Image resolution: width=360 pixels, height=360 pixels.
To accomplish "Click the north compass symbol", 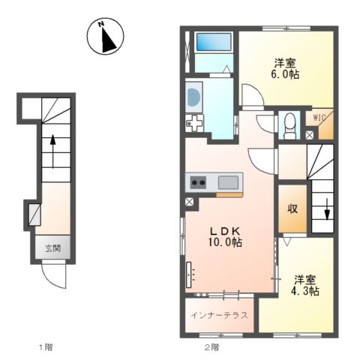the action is (x=105, y=36).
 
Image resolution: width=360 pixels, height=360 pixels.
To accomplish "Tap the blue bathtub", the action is (x=214, y=42).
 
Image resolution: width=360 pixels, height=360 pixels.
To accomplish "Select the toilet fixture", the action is (x=290, y=126).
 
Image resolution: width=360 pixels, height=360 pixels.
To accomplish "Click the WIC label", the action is (x=319, y=117).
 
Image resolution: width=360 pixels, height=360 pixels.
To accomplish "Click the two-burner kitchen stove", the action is (x=198, y=182).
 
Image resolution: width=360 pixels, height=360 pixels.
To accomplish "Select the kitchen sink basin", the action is (x=228, y=182).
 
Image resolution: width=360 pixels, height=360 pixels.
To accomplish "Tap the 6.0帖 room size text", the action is (x=285, y=74).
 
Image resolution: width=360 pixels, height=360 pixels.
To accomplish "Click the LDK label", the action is (x=225, y=231).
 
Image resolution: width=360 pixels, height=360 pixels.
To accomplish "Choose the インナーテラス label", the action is (x=219, y=315).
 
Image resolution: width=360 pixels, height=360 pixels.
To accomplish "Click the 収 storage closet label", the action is (x=292, y=208).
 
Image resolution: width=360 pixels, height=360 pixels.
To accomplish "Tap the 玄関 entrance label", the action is (x=52, y=248).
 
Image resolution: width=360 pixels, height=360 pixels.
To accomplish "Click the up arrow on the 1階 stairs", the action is (x=52, y=151).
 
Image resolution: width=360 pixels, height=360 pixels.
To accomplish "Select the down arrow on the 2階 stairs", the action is (x=327, y=209).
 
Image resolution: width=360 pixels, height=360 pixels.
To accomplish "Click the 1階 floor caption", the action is (x=46, y=347).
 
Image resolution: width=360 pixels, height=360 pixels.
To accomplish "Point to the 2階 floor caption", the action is (x=211, y=347).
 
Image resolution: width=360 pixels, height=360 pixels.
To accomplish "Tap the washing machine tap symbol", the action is (x=194, y=123).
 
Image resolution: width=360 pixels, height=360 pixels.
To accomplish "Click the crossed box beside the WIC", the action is (x=310, y=135).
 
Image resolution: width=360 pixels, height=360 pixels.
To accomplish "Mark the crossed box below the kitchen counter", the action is (x=189, y=202).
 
